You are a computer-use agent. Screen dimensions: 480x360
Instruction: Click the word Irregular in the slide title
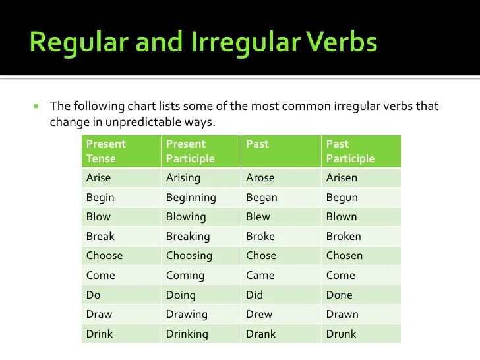click(245, 43)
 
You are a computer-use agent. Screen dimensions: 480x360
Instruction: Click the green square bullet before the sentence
click(36, 107)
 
